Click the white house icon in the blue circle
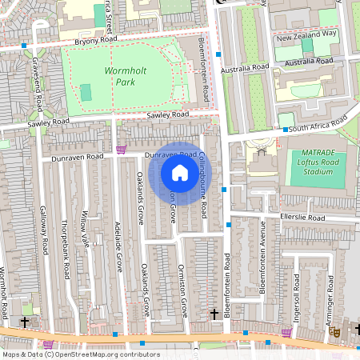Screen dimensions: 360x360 (180, 173)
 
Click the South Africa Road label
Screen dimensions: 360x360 (321, 126)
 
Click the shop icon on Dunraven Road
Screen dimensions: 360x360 (122, 150)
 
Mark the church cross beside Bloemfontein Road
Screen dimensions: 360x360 (213, 314)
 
